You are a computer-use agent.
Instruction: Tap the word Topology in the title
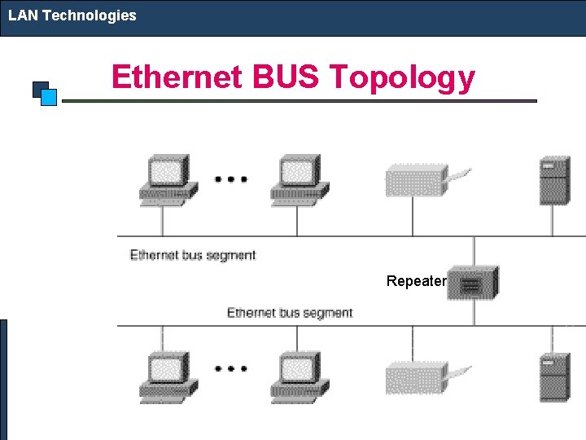tap(402, 77)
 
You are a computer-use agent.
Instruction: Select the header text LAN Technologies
tap(72, 15)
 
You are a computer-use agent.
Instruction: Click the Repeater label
tap(416, 281)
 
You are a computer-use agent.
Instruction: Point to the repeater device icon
tap(473, 284)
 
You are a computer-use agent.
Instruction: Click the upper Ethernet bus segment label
tap(193, 255)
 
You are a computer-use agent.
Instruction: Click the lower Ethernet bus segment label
tap(289, 313)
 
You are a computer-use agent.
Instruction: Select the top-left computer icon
tap(167, 178)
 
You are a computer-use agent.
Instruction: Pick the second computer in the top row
tap(298, 178)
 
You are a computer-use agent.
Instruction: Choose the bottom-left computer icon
tap(167, 376)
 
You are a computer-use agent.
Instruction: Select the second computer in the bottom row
tap(298, 376)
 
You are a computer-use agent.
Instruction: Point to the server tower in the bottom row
tap(553, 376)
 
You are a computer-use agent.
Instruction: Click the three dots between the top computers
tap(231, 178)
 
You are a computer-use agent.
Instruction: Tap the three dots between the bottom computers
tap(231, 368)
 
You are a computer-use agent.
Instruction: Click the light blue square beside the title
tap(48, 98)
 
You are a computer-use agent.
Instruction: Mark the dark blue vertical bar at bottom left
tap(3, 379)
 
